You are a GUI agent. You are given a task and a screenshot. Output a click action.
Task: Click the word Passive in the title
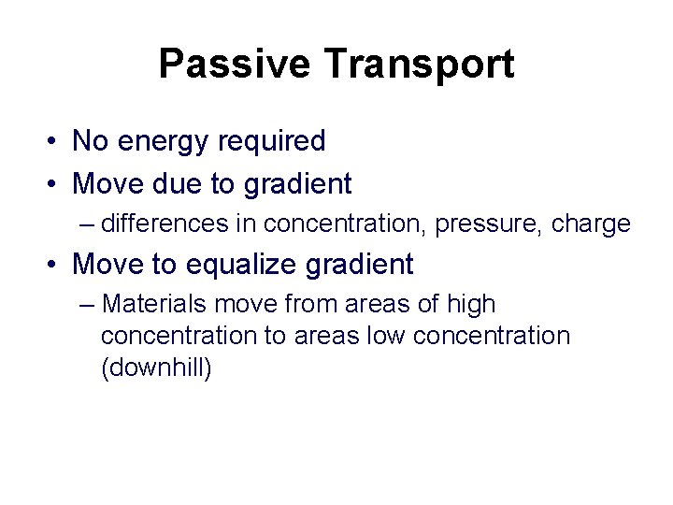[x=235, y=65]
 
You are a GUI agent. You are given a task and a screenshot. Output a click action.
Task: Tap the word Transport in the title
[x=418, y=65]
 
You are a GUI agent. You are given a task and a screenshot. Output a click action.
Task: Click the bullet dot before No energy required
[x=57, y=142]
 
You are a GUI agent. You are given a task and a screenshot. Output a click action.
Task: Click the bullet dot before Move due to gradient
[x=57, y=185]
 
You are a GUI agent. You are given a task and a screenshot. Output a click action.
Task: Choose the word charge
[x=591, y=224]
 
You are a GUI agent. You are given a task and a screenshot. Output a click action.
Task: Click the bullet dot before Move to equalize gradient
[x=57, y=266]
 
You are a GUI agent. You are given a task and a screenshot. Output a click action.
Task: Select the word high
[x=471, y=304]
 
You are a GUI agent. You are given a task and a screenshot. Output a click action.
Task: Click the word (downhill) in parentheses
[x=156, y=368]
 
